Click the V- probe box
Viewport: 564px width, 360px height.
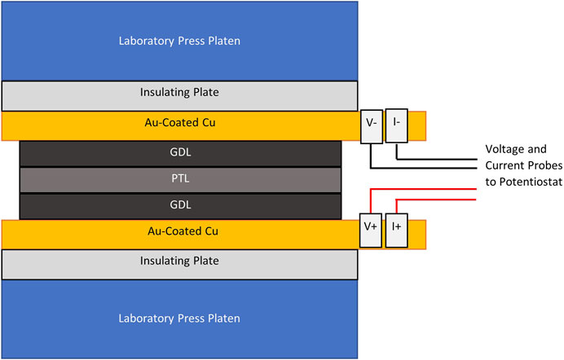371,126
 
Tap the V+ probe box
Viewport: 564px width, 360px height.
371,230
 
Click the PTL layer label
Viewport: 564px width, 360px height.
179,178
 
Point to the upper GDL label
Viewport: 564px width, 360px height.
179,152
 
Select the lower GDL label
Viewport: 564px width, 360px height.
179,204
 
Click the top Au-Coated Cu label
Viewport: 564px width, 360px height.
179,125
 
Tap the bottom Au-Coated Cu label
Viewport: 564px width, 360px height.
179,231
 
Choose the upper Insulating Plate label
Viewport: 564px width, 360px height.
179,94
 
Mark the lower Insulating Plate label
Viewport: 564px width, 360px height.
179,261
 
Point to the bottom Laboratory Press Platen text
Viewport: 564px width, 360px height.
179,317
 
